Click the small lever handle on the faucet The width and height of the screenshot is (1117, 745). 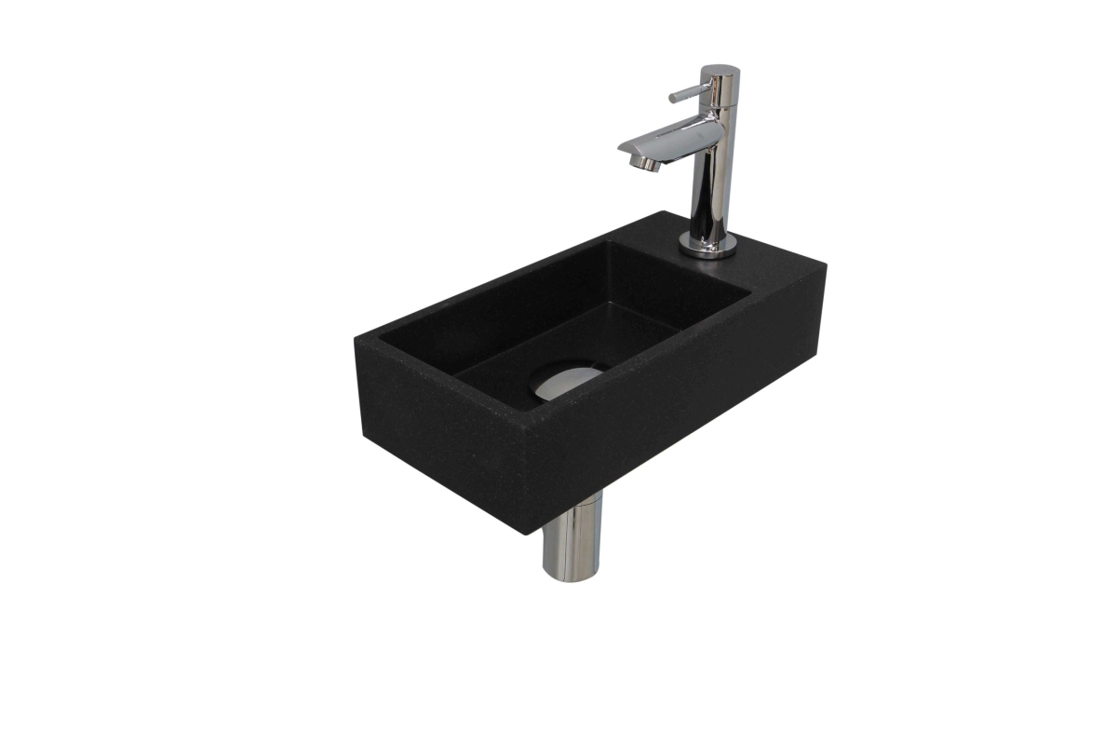(x=684, y=93)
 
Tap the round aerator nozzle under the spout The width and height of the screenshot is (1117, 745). (x=641, y=163)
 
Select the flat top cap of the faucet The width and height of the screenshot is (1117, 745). (x=720, y=70)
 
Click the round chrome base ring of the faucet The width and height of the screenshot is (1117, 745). (x=707, y=247)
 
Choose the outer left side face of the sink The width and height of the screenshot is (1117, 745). (x=437, y=438)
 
